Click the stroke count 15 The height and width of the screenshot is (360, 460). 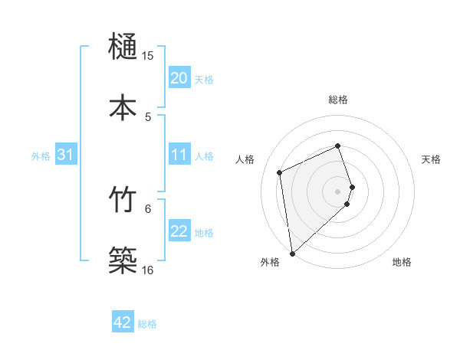coord(148,56)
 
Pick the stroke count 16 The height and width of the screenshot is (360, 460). coord(148,270)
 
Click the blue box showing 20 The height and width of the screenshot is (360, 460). coord(179,78)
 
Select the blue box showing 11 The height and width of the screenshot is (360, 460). coord(179,155)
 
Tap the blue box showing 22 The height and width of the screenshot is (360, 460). coord(179,231)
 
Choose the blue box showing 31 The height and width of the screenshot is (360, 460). coord(66,155)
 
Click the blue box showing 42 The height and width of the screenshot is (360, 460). coord(123,322)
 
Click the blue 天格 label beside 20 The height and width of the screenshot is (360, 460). coord(204,79)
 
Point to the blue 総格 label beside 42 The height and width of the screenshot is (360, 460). coord(147,323)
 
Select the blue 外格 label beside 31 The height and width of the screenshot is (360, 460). coord(41,155)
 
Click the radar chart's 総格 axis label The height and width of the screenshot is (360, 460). coord(338,100)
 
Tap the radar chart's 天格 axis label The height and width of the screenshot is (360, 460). coord(432,159)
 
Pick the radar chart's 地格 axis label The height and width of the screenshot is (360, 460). coord(402,262)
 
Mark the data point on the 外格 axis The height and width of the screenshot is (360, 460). coord(291,253)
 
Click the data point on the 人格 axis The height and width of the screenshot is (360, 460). coord(280,172)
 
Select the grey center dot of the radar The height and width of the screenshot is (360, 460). coord(338,191)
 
